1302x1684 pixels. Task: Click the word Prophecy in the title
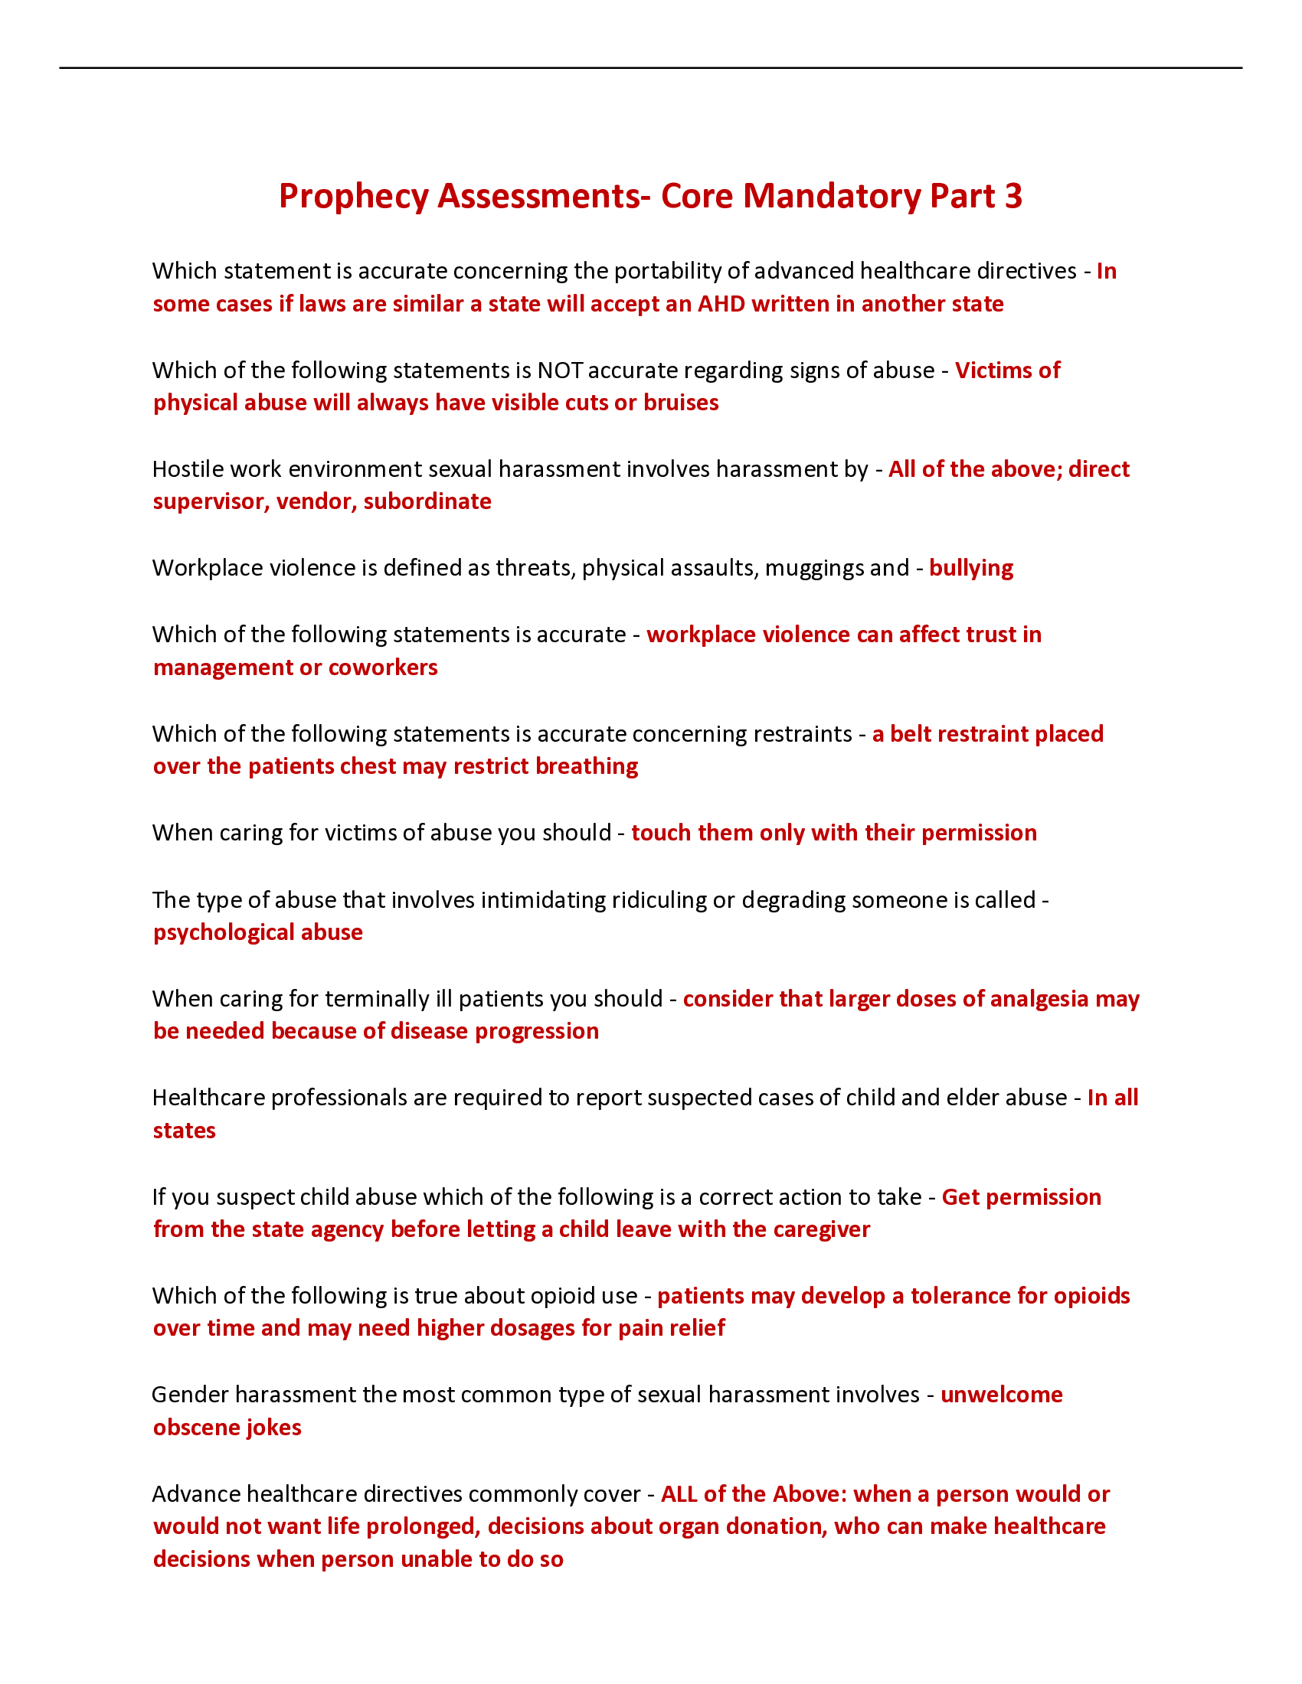352,197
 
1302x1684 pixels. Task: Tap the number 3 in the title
1012,197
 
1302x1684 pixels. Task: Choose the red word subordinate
427,502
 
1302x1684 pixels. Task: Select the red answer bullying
970,568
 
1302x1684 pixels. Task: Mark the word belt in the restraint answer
911,734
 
